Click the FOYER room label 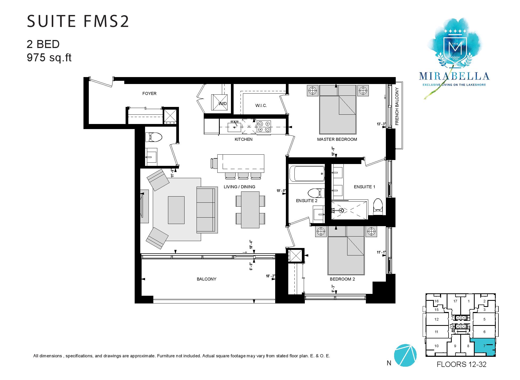click(149, 93)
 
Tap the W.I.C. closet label click(261, 106)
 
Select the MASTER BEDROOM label click(337, 139)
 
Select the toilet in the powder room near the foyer click(154, 137)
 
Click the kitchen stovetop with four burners click(264, 126)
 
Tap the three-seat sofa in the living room click(206, 209)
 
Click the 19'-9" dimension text click(281, 191)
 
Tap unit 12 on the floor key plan click(437, 319)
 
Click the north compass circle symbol click(405, 355)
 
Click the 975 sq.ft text click(49, 58)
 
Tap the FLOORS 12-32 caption click(462, 364)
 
